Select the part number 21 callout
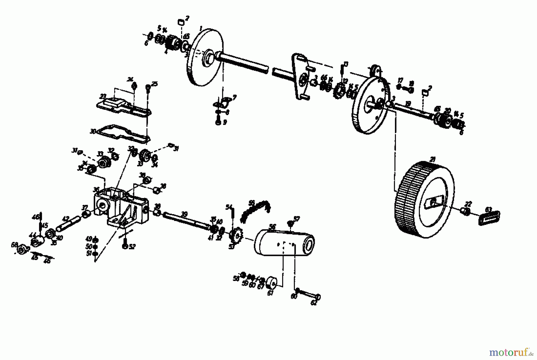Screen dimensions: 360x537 432,160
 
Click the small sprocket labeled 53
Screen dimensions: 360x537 237,237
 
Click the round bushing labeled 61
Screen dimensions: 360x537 272,282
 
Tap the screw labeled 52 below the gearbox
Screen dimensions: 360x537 125,245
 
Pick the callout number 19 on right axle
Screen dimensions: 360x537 408,103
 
